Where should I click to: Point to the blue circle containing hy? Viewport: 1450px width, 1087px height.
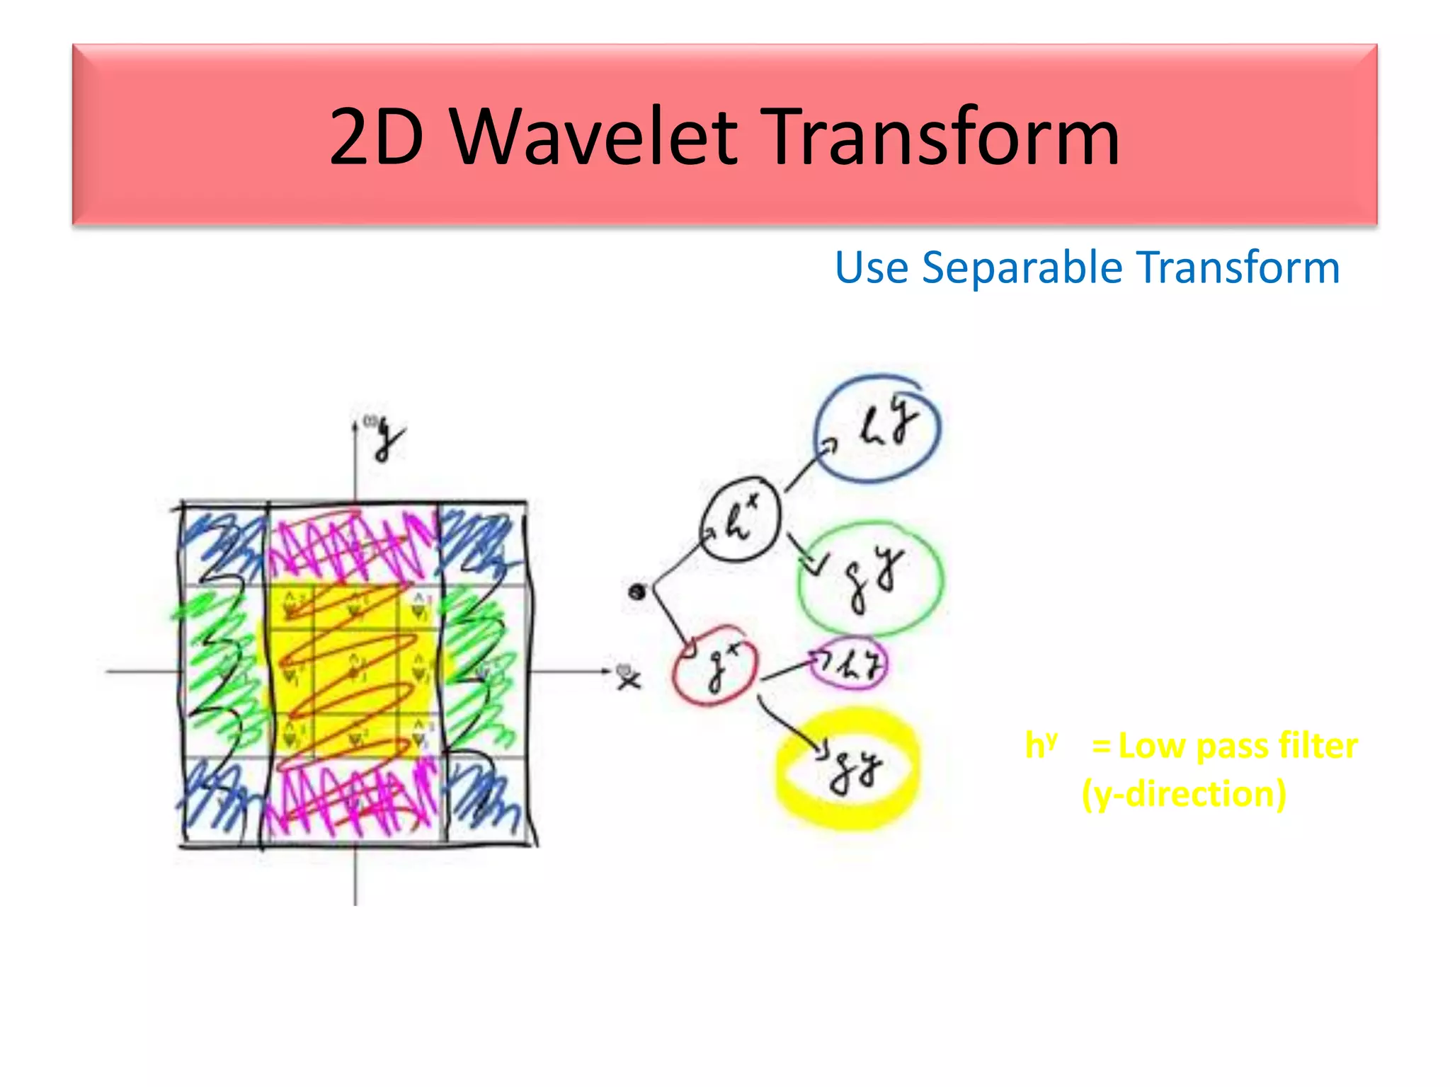tap(877, 429)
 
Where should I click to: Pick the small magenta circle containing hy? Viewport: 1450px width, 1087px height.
tap(848, 664)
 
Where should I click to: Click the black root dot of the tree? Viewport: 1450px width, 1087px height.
tap(636, 592)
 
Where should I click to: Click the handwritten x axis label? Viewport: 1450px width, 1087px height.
tap(627, 679)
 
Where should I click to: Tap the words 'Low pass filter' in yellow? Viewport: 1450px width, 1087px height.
tap(1238, 746)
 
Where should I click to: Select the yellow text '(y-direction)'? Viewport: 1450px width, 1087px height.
tap(1184, 794)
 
